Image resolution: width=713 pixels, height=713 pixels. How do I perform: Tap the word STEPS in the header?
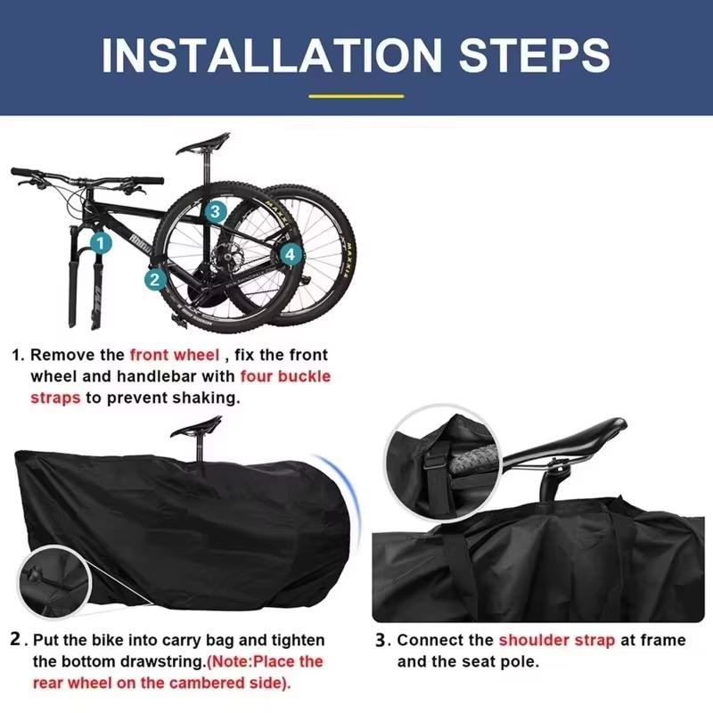pos(535,55)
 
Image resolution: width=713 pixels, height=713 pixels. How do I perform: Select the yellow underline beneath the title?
pos(356,96)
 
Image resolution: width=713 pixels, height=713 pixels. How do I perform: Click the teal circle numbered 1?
pos(101,243)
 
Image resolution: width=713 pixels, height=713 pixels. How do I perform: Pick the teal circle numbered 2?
pos(155,279)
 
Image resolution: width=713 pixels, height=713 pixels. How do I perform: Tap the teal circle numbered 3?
pos(215,211)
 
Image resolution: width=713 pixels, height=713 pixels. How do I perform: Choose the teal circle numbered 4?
pos(291,254)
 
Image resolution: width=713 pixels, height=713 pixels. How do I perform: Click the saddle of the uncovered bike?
pos(203,143)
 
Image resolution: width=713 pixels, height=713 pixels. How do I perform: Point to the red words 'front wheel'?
pos(175,355)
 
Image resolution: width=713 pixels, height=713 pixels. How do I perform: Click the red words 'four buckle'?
pos(285,376)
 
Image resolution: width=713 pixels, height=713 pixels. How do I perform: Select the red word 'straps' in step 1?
pos(55,398)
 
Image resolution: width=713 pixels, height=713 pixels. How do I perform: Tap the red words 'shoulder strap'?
pos(556,640)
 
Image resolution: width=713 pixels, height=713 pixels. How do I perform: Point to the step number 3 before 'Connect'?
pos(381,640)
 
